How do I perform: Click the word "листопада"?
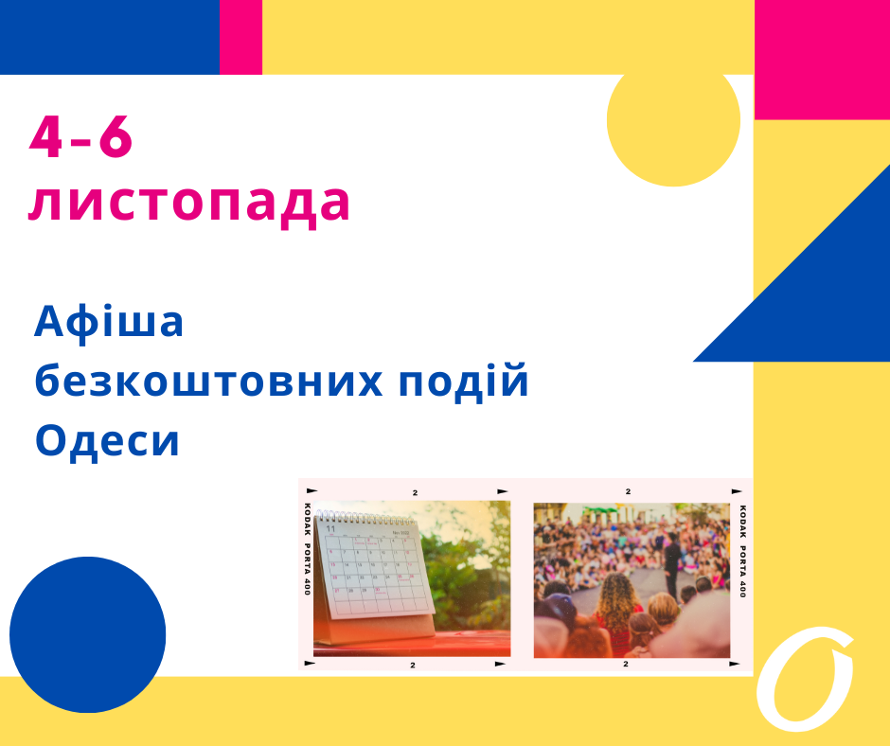tap(189, 202)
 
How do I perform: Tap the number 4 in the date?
tap(45, 139)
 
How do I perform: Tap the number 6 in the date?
tap(116, 139)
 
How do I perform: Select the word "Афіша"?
tap(109, 323)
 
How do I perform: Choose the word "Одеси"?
tap(107, 441)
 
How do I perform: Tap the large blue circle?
tap(88, 634)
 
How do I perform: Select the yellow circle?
tap(672, 121)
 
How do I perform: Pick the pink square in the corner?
tap(821, 59)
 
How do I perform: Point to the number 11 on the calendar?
tap(330, 529)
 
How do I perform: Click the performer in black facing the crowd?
tap(671, 563)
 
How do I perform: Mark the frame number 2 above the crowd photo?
tap(627, 492)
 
